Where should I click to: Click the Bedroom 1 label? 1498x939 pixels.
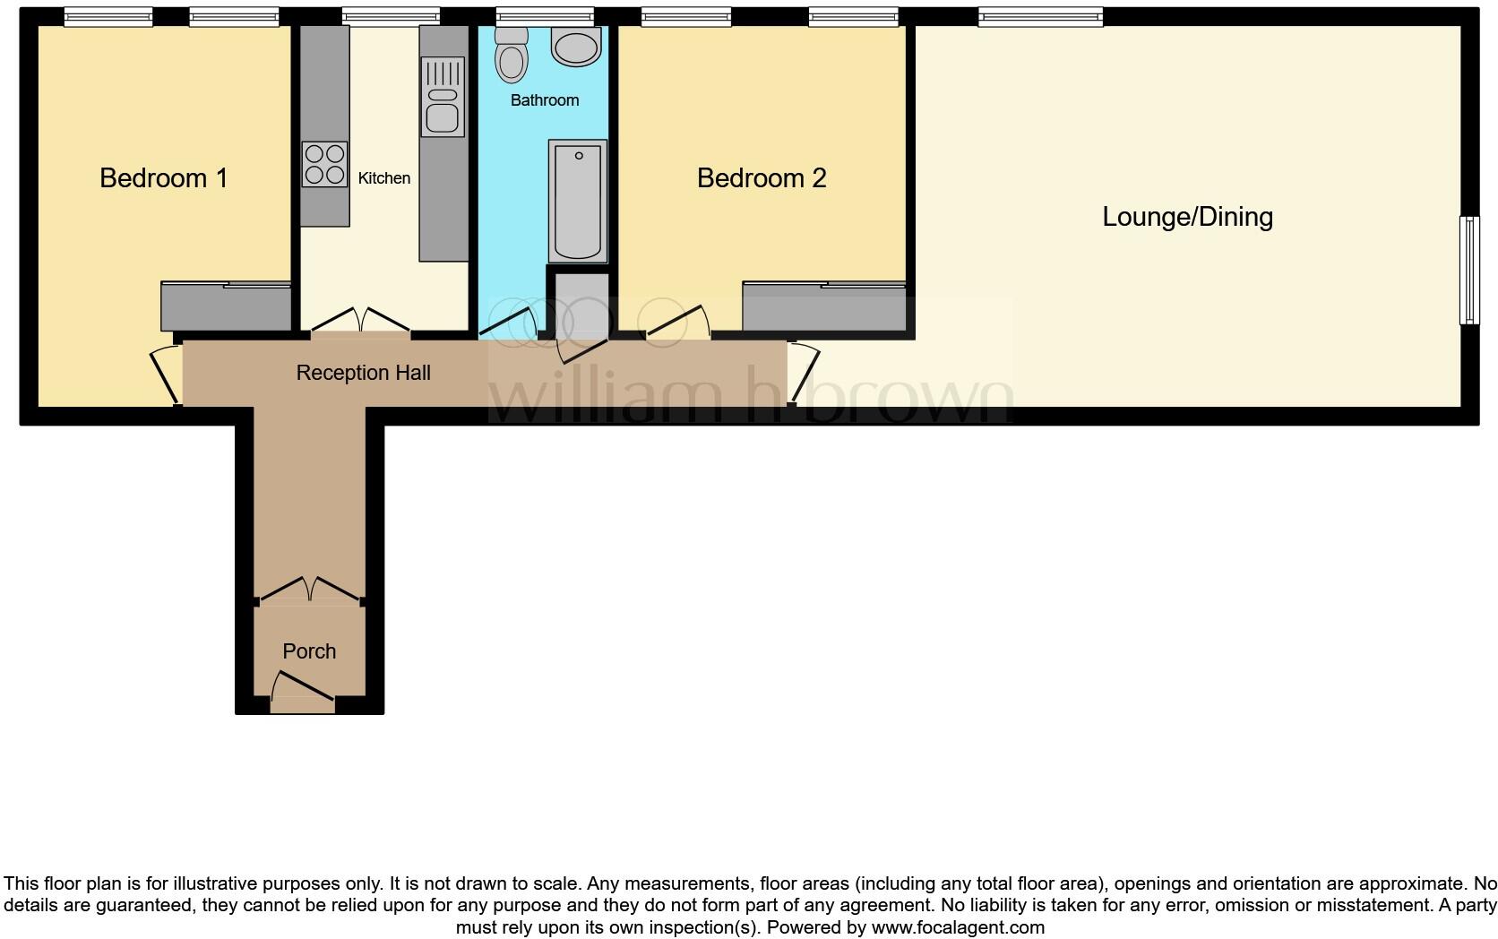[163, 177]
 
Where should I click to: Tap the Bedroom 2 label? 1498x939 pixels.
[761, 177]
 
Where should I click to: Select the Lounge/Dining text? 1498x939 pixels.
[1187, 216]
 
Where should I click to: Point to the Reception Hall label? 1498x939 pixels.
[363, 373]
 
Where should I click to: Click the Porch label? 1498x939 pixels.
[309, 651]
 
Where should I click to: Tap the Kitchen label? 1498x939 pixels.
[383, 178]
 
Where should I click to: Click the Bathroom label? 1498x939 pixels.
[544, 100]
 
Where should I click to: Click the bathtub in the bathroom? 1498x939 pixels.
[578, 199]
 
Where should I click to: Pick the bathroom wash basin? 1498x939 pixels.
[576, 47]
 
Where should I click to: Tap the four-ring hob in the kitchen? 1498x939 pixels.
[324, 165]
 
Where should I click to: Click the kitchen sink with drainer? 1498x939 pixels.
[443, 97]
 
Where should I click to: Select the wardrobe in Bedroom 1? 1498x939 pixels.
[226, 306]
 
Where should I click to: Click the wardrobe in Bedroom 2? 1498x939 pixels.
[824, 309]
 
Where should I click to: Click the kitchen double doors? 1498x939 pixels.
[360, 321]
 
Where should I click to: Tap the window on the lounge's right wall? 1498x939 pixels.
[1469, 269]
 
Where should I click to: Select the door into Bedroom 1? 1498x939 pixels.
[164, 374]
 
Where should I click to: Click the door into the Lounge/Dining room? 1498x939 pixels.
[804, 371]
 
